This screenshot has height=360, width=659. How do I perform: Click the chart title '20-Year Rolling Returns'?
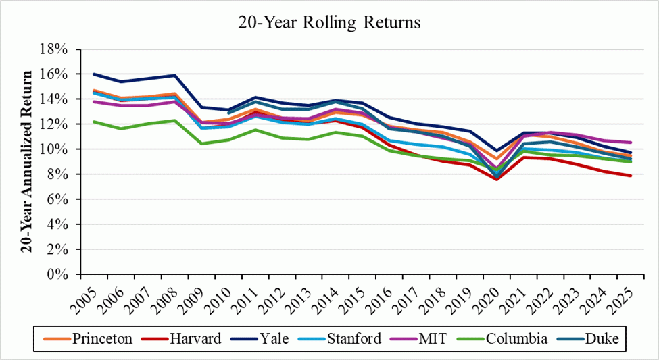click(329, 22)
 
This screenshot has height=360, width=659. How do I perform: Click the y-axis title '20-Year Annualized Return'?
click(26, 162)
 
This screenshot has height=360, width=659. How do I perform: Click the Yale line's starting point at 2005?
click(94, 74)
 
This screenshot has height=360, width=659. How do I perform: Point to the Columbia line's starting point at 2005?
click(94, 122)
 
